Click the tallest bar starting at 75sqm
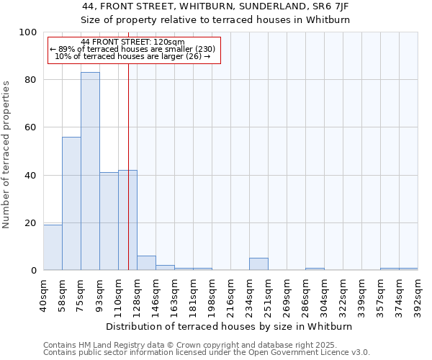(x=90, y=171)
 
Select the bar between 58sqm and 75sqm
(x=71, y=204)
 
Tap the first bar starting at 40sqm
(x=53, y=248)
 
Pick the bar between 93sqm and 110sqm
(x=109, y=221)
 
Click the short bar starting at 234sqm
(x=258, y=264)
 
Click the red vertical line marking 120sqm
(x=128, y=166)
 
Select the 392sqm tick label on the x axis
(x=418, y=295)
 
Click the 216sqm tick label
(x=230, y=295)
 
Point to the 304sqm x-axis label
(x=324, y=295)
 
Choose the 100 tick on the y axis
(x=28, y=32)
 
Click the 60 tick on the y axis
(x=31, y=127)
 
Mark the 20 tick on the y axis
(x=31, y=223)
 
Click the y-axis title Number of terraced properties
(x=6, y=154)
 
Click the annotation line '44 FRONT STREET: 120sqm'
(x=133, y=42)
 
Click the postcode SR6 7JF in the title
(x=332, y=6)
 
